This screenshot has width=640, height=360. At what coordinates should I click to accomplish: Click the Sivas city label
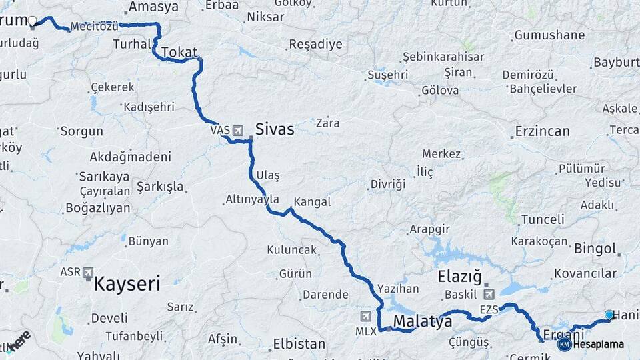point(275,129)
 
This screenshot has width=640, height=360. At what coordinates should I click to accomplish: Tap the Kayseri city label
point(127,284)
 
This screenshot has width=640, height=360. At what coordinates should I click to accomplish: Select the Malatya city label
point(423,322)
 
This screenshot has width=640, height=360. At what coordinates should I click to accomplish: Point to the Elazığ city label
point(459,276)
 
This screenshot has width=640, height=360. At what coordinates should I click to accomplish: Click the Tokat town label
point(179,53)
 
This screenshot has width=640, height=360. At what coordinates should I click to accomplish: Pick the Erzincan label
point(542,131)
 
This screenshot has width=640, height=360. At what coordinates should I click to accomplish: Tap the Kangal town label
point(312,201)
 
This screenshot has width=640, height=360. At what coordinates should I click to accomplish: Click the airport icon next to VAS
point(238,130)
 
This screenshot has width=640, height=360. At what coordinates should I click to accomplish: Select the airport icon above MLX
point(365,315)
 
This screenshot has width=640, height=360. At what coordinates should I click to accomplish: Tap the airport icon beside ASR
point(89,273)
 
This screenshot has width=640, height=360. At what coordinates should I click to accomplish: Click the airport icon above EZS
point(489,294)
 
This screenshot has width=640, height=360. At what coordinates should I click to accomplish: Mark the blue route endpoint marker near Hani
point(609,315)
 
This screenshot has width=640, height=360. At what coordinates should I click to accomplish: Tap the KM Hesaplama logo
point(591,344)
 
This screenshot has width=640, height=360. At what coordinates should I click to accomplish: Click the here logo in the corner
point(19,341)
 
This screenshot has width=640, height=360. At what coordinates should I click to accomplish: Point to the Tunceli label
point(543,219)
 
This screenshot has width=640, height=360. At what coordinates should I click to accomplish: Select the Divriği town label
point(388,184)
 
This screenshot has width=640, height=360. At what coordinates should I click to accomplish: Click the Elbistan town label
point(299,345)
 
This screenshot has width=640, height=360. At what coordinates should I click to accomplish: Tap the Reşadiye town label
point(315,45)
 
